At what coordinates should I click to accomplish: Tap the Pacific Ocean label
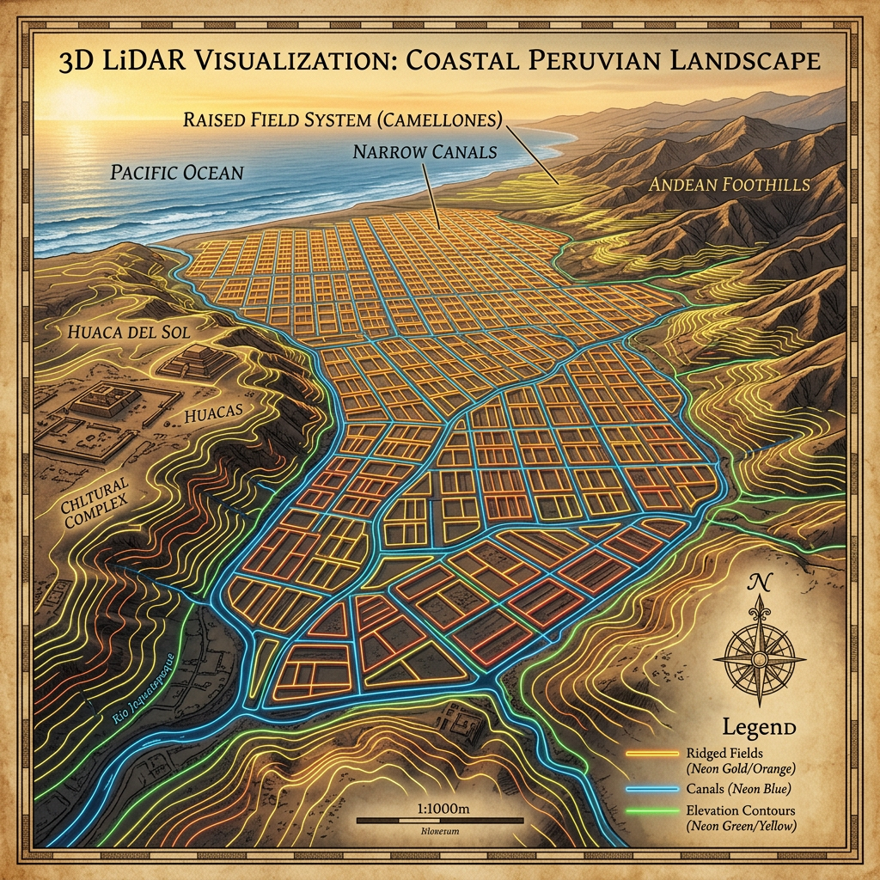pyautogui.click(x=177, y=171)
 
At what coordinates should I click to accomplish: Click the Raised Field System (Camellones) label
pyautogui.click(x=342, y=119)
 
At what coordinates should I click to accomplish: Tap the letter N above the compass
pyautogui.click(x=760, y=583)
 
